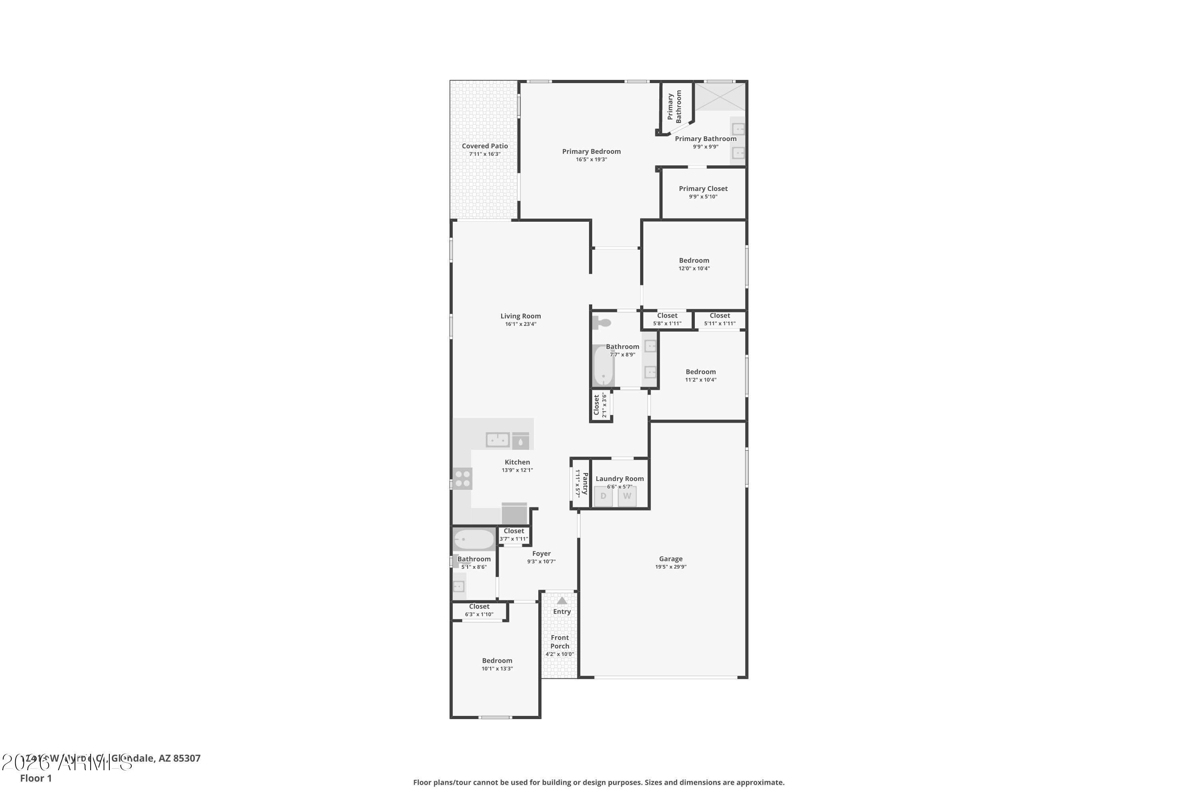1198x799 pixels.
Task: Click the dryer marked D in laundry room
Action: click(x=603, y=496)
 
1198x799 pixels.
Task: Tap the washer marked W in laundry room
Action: click(x=627, y=496)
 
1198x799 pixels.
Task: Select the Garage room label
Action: click(x=670, y=559)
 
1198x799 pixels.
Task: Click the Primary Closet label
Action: click(x=703, y=189)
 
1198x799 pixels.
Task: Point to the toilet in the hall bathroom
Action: click(x=601, y=322)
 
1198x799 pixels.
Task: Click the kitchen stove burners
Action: click(x=462, y=479)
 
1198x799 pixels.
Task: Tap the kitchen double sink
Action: click(x=498, y=439)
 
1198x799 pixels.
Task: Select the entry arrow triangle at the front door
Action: click(x=561, y=601)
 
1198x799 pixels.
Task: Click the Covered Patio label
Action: click(x=484, y=146)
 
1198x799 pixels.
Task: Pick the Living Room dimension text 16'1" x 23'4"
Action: click(x=521, y=324)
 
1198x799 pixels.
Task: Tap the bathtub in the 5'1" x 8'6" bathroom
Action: click(x=474, y=539)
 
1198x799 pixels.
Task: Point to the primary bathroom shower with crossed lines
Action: click(x=720, y=97)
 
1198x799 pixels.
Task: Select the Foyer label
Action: click(x=541, y=553)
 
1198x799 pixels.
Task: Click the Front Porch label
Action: click(x=559, y=642)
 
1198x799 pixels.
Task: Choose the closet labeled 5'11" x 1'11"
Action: click(x=720, y=320)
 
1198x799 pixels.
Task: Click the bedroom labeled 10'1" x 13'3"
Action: click(x=497, y=664)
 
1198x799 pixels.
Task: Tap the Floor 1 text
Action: click(x=36, y=778)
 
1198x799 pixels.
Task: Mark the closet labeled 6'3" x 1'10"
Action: click(x=479, y=610)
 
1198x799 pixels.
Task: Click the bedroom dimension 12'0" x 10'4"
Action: click(x=694, y=268)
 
